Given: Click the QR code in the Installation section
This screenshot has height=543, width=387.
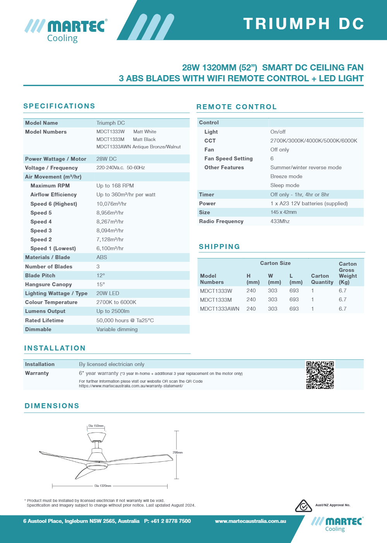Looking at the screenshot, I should pyautogui.click(x=320, y=375).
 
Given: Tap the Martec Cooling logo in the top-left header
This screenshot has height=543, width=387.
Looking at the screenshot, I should pyautogui.click(x=66, y=30).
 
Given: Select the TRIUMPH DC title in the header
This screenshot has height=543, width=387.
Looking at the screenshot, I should pyautogui.click(x=304, y=24).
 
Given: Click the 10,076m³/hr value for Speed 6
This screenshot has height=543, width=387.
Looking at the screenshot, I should pyautogui.click(x=111, y=204).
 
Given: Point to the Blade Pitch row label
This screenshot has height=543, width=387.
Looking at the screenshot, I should pyautogui.click(x=40, y=275).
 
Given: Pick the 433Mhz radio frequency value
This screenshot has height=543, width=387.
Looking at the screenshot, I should pyautogui.click(x=280, y=221).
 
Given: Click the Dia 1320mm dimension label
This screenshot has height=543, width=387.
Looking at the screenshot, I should pyautogui.click(x=103, y=486).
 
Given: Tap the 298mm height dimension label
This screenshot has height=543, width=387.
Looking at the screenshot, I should pyautogui.click(x=178, y=452).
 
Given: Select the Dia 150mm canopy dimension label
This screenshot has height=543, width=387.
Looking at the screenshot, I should pyautogui.click(x=96, y=426).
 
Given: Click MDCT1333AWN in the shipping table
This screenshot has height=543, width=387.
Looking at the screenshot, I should pyautogui.click(x=219, y=309).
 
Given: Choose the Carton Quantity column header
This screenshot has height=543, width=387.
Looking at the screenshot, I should pyautogui.click(x=322, y=279).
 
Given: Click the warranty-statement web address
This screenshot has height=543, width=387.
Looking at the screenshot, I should pyautogui.click(x=131, y=386).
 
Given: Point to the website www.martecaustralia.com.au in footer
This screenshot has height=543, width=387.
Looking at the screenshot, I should pyautogui.click(x=250, y=521).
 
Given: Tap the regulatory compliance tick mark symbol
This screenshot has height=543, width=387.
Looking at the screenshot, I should pyautogui.click(x=303, y=506).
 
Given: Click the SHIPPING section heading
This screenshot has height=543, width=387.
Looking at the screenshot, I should pyautogui.click(x=219, y=247).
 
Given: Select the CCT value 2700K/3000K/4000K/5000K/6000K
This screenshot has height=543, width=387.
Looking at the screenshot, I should pyautogui.click(x=313, y=141).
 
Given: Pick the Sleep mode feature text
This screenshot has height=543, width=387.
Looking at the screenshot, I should pyautogui.click(x=284, y=185).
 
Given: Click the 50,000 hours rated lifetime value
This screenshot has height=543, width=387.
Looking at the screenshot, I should pyautogui.click(x=125, y=320).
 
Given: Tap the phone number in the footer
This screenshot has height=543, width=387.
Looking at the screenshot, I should pyautogui.click(x=168, y=521).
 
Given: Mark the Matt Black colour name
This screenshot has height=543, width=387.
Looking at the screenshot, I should pyautogui.click(x=144, y=139).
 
